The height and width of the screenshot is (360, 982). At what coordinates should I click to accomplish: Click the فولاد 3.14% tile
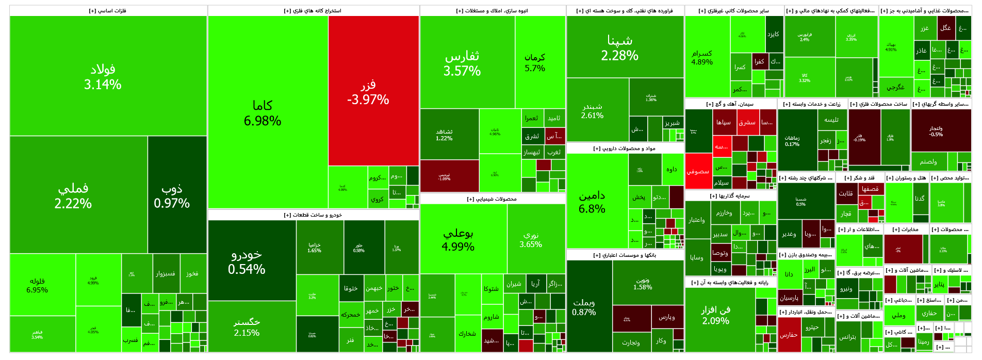coord(103,76)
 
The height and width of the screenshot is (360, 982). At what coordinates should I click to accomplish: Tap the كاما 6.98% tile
coord(263,112)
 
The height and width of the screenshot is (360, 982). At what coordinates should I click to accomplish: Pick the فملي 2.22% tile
coord(73,195)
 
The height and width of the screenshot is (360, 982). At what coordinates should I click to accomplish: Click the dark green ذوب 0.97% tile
coord(172,195)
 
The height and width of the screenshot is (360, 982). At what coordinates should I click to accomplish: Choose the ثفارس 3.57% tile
coord(462,63)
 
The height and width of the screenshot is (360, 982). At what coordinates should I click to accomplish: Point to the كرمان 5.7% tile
coord(535,62)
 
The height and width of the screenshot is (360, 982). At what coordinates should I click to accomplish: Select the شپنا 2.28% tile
coord(619,47)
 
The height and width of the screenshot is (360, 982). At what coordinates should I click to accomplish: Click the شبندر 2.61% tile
coord(592,110)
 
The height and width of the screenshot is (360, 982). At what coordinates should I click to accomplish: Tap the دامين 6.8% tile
coord(592,202)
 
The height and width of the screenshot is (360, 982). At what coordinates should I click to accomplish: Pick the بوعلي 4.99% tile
coord(458,239)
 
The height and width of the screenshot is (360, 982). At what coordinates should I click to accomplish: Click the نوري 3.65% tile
coord(531,239)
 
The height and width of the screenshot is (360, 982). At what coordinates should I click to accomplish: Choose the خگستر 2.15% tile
coord(247,327)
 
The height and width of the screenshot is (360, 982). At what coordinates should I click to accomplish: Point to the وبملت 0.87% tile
coord(584,307)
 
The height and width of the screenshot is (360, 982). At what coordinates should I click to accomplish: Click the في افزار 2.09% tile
coord(716,315)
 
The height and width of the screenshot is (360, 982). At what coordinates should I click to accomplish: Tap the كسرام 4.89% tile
coord(702,57)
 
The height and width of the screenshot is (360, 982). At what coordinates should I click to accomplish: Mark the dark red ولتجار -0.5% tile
coord(936,131)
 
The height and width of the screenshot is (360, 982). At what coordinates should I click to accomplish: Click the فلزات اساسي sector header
coord(108,11)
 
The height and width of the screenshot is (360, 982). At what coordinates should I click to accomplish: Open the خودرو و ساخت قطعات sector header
coord(313,215)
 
